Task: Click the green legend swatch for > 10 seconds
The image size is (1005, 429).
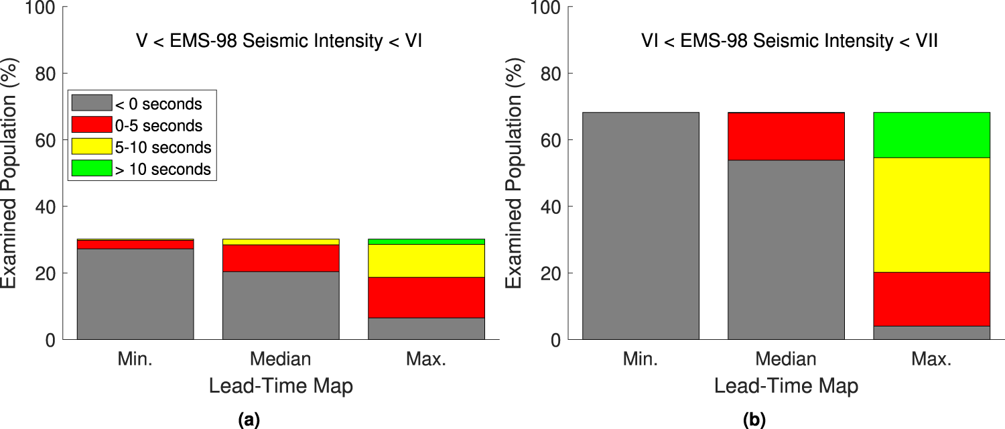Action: coord(92,169)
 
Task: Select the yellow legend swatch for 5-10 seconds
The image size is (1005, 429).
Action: coord(92,147)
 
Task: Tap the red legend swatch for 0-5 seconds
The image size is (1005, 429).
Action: coord(92,125)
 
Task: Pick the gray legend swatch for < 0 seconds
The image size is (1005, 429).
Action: coord(92,103)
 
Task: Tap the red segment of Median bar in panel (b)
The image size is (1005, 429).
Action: coord(786,136)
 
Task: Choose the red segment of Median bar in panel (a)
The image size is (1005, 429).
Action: coord(281,258)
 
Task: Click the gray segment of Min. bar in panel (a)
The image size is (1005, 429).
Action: coord(135,294)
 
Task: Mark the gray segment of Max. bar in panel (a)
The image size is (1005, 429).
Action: coord(426,328)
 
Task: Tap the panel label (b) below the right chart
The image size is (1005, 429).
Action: coord(754,420)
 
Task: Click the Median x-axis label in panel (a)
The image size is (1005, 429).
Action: coord(281,359)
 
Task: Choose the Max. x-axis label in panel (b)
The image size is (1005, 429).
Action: coord(931,359)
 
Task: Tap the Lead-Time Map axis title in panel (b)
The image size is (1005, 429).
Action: coord(786,387)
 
